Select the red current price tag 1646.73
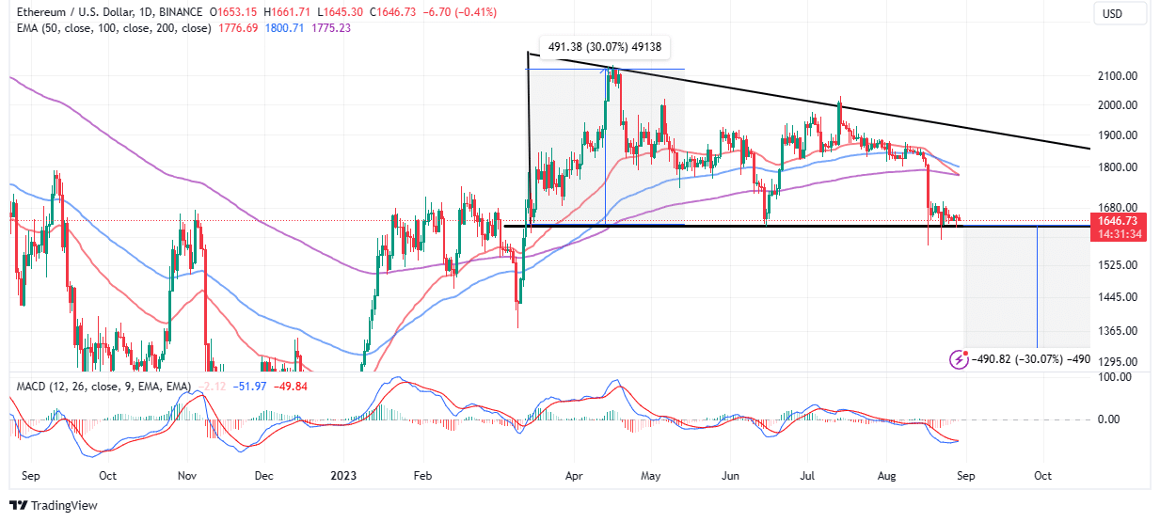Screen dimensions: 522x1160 pos(1119,220)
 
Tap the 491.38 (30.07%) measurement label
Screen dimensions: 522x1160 pos(605,48)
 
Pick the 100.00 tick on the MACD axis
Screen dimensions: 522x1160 pos(1115,376)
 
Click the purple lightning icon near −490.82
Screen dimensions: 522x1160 pos(959,358)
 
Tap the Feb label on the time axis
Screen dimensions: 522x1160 pos(422,476)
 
